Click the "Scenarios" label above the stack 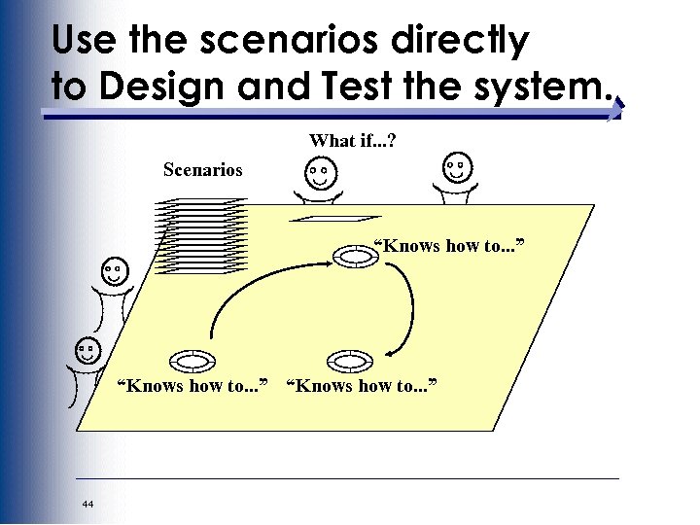click(x=202, y=170)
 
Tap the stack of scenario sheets click(x=202, y=236)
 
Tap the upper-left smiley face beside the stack click(x=115, y=271)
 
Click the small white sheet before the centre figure click(x=336, y=219)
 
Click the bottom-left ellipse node click(x=194, y=362)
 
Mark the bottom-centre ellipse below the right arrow click(x=351, y=362)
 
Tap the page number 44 click(x=88, y=504)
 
